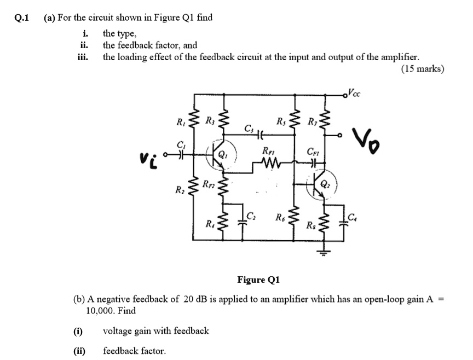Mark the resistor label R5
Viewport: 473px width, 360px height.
[281, 121]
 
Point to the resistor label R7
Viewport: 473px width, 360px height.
[313, 121]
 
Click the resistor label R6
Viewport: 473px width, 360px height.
[281, 214]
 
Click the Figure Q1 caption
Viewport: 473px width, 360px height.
[258, 280]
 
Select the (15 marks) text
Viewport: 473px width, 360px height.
[422, 69]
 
